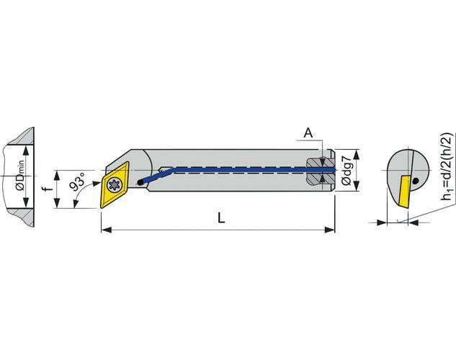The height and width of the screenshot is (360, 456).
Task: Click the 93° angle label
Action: point(78,182)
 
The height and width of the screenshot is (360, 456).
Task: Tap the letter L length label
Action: point(221,217)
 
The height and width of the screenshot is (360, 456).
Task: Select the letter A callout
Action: point(308,132)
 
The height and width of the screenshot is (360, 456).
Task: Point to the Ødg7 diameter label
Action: point(347,170)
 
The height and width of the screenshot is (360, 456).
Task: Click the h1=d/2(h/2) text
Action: point(447,166)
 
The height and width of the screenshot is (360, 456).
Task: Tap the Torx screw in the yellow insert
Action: point(114,185)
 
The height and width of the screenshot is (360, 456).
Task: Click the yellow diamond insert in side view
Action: point(115,185)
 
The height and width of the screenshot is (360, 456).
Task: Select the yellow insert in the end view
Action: point(405,191)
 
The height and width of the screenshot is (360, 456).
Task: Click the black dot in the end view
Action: point(416,181)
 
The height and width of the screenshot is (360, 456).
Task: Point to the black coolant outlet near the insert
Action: point(140,183)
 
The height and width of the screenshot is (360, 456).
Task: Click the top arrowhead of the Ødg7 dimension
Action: point(358,155)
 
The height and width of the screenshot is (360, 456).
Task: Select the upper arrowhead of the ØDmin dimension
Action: point(27,150)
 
